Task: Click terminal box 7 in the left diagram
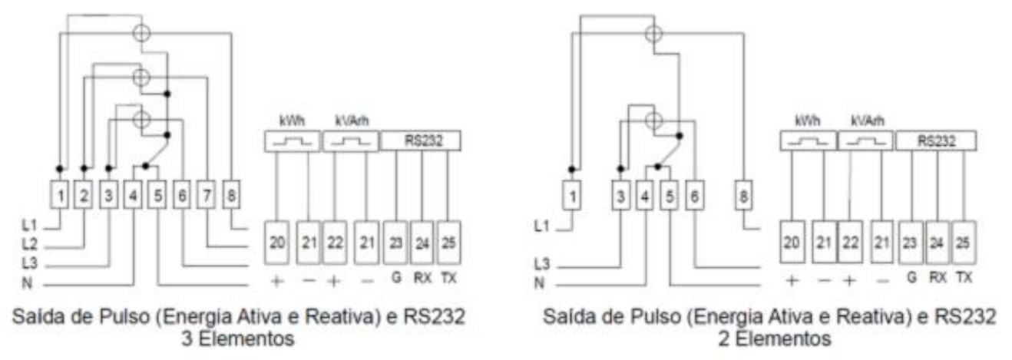pos(207,195)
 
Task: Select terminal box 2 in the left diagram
pos(84,195)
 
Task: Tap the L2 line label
pos(30,244)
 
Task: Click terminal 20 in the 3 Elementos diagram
pos(276,243)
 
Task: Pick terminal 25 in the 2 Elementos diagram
pos(963,243)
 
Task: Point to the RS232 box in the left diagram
pos(421,141)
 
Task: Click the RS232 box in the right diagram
pos(936,141)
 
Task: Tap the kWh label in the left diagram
pos(293,121)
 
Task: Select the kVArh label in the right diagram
pos(868,121)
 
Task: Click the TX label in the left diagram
pos(448,278)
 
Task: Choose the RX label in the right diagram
pos(938,278)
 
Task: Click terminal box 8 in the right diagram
pos(743,196)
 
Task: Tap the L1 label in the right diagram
pos(542,226)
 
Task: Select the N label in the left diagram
pos(27,283)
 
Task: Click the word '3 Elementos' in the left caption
pos(238,339)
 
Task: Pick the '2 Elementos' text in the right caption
pos(775,339)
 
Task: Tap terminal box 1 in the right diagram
pos(572,196)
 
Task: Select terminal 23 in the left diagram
pos(395,243)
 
